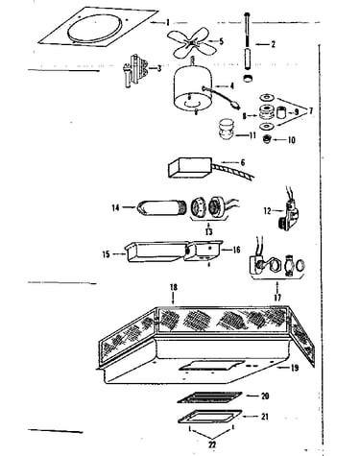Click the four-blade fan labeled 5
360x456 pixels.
pos(191,42)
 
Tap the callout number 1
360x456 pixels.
pos(167,23)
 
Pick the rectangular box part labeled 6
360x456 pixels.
pos(190,167)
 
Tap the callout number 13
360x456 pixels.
pos(208,231)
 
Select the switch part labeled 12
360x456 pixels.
pos(289,212)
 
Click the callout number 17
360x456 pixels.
pos(277,298)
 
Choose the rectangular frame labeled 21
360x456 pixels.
pos(210,417)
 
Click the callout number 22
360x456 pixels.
pos(212,444)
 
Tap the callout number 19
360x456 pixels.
pos(294,368)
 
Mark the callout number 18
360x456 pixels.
pos(174,287)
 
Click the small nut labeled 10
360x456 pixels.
pos(266,139)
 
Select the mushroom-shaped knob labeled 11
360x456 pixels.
pos(227,129)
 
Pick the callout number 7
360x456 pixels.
pos(309,111)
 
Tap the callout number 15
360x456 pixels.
pos(107,254)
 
